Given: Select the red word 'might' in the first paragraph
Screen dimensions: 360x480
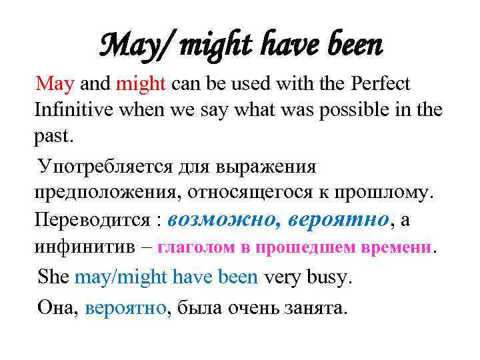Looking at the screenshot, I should (x=142, y=84).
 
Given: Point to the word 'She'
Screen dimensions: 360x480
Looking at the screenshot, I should (x=53, y=277).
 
